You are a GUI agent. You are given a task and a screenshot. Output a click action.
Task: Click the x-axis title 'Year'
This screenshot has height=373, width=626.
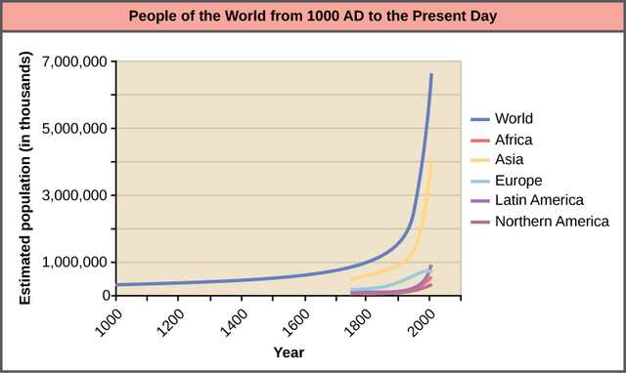[x=288, y=352]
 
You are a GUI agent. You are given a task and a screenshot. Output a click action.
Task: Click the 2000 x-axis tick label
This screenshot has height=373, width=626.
[x=416, y=319]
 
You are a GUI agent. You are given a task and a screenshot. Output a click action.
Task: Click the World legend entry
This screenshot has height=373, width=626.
[x=514, y=119]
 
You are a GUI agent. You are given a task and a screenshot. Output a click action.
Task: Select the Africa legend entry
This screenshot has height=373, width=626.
[x=514, y=140]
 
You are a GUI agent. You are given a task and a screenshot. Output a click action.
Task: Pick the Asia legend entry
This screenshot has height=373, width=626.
[x=512, y=160]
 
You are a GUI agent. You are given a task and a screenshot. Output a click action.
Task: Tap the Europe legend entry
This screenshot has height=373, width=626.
[x=518, y=181]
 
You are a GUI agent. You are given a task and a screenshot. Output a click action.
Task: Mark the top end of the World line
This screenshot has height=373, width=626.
[x=431, y=74]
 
